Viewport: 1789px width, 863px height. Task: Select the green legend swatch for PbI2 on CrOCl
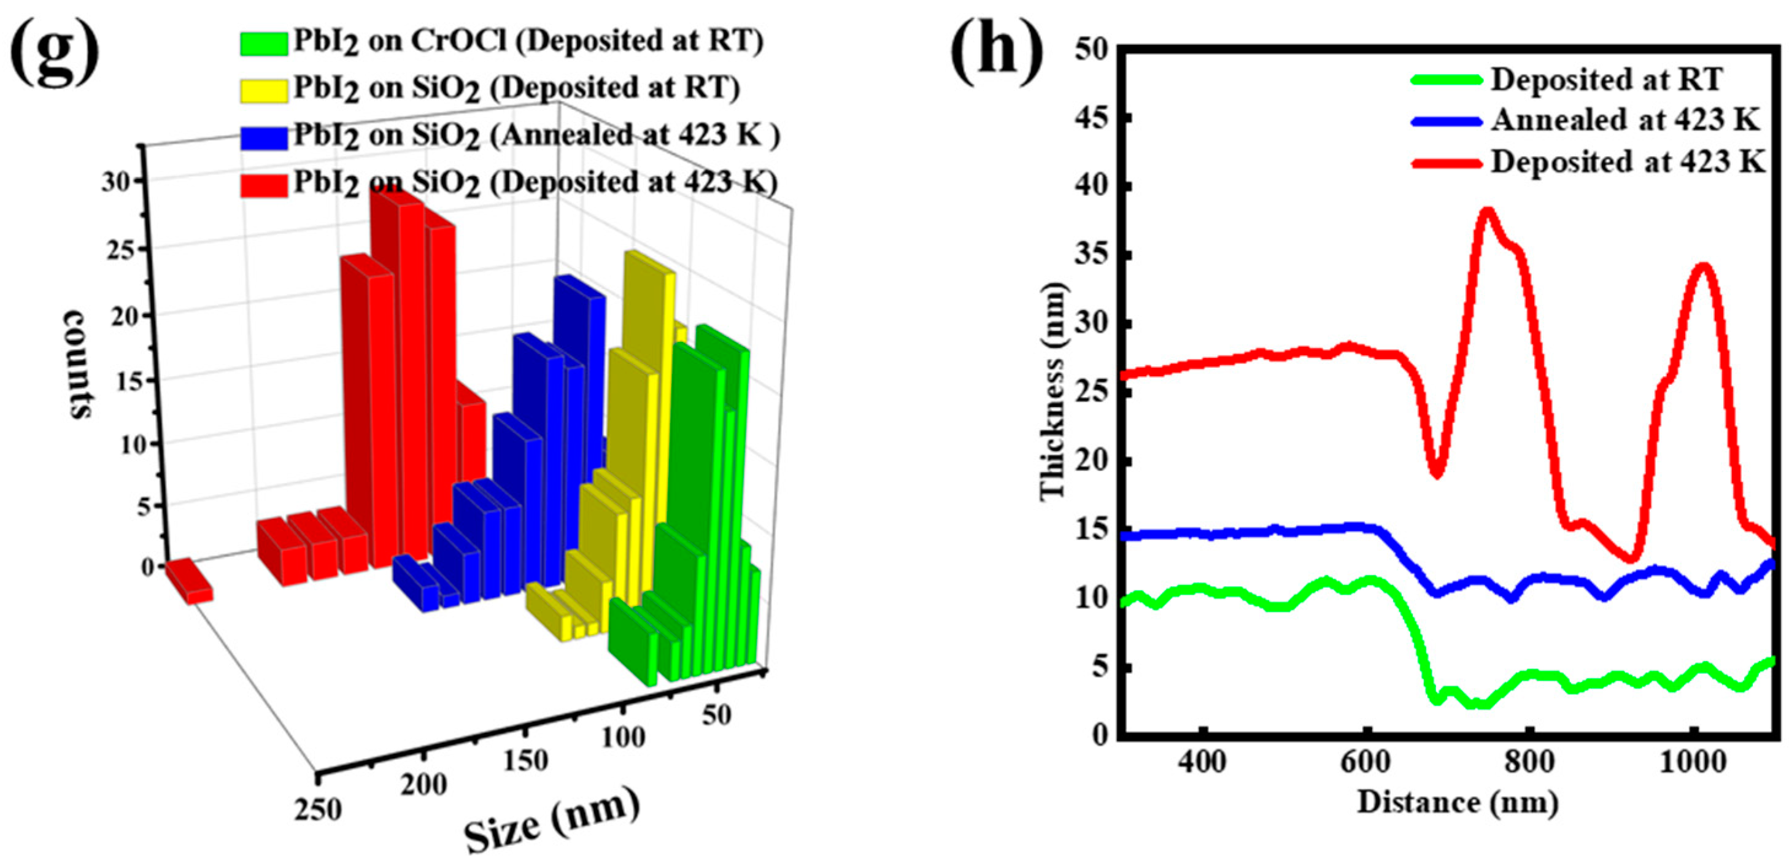point(264,43)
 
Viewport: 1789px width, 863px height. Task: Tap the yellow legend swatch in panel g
point(264,90)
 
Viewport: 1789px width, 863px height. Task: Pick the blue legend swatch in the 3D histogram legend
point(264,137)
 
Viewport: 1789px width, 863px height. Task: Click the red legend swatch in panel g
point(264,185)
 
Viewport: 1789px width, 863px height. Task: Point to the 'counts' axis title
point(78,364)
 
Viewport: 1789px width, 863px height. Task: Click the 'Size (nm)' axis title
point(551,820)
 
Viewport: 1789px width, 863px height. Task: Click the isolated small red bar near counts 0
point(189,580)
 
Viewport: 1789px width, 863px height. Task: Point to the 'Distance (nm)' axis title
point(1458,803)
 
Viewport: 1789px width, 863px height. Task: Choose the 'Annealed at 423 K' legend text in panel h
point(1625,120)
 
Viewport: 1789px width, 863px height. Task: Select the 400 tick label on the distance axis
point(1203,762)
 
